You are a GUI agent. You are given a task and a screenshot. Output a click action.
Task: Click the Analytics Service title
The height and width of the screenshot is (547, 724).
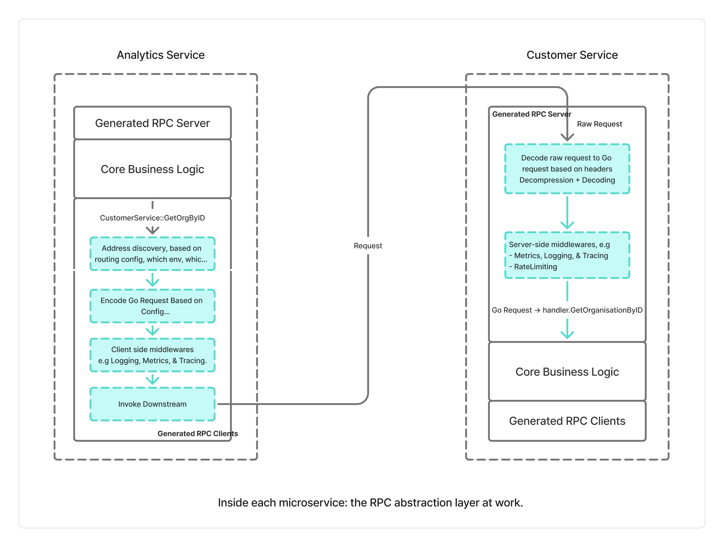pos(160,55)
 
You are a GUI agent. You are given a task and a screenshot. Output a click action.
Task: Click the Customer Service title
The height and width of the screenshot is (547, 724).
pos(572,55)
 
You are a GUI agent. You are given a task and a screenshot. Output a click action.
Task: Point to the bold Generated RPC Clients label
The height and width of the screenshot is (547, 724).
pos(197,433)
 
